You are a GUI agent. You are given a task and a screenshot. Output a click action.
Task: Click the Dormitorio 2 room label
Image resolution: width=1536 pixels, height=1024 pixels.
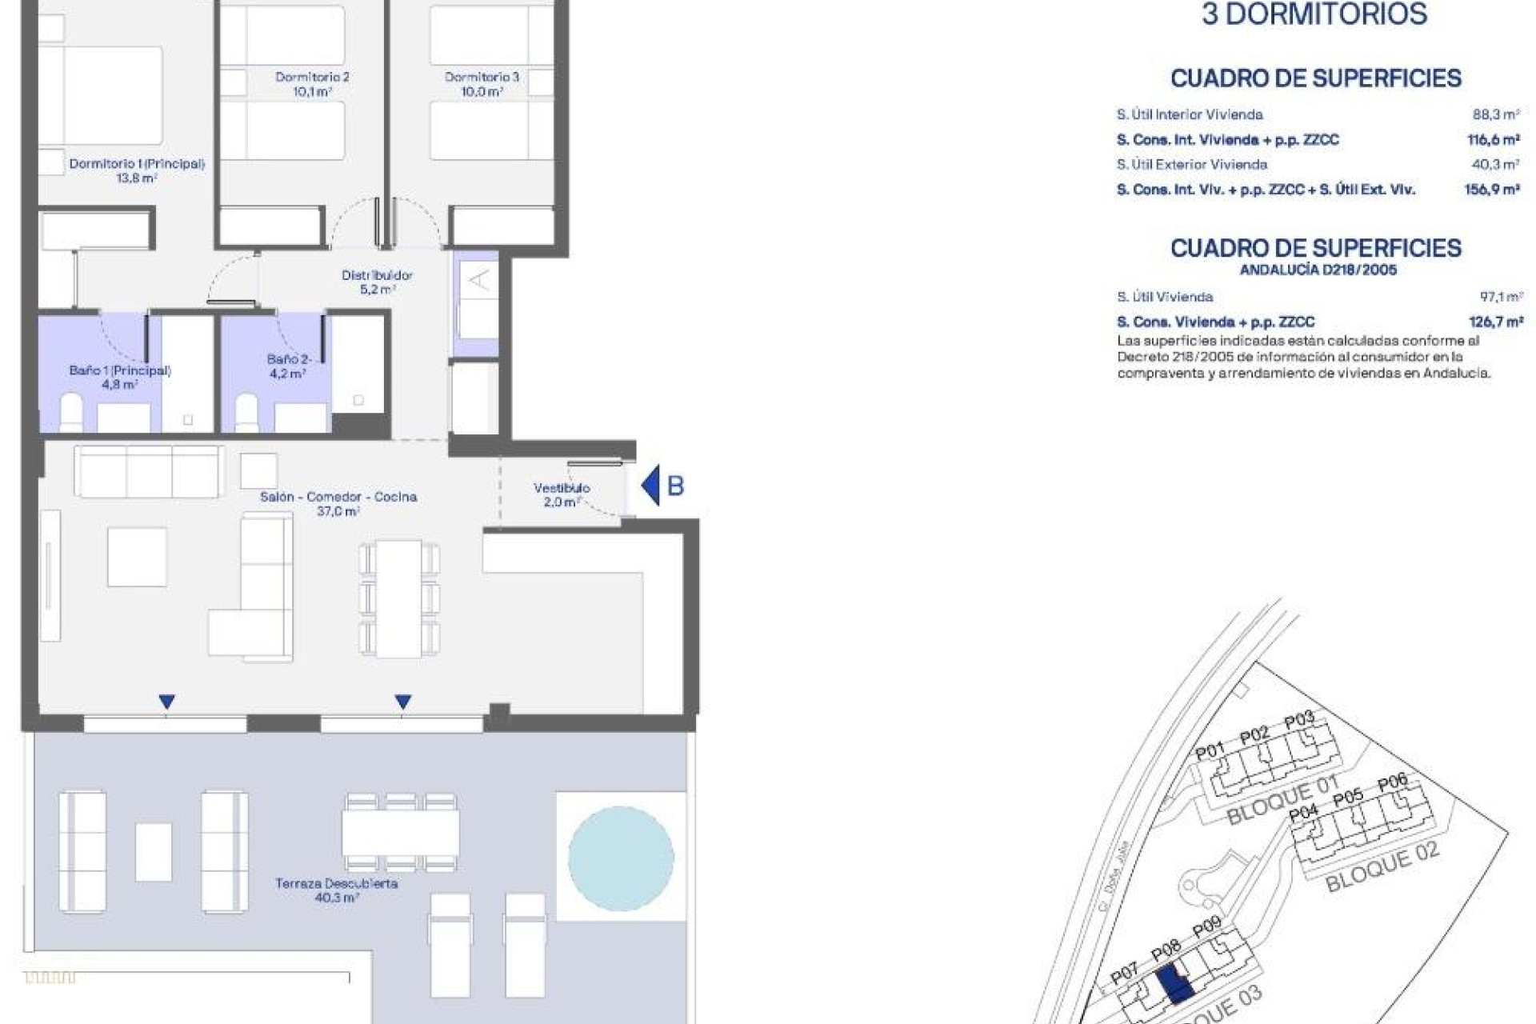click(x=312, y=84)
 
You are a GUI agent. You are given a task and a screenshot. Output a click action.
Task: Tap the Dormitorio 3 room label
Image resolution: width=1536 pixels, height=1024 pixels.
click(x=482, y=84)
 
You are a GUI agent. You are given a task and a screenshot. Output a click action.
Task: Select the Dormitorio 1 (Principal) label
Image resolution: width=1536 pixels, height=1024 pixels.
click(x=137, y=170)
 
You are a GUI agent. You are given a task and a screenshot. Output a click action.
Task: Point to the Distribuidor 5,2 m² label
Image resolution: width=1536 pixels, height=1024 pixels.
click(x=377, y=282)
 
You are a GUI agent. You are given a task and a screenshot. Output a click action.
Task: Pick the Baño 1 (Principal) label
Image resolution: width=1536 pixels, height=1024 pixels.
click(x=120, y=377)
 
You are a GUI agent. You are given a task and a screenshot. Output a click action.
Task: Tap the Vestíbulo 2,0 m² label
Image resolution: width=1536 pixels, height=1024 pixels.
click(x=562, y=494)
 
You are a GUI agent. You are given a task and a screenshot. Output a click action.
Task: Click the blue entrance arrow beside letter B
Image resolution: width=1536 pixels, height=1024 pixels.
click(x=651, y=485)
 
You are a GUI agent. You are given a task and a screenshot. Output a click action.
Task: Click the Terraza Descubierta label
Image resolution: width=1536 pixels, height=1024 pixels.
click(x=337, y=890)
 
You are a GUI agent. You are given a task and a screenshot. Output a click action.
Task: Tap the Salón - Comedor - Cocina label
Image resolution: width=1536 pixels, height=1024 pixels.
click(x=338, y=503)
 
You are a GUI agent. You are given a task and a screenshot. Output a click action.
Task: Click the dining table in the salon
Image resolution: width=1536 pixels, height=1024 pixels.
click(x=399, y=598)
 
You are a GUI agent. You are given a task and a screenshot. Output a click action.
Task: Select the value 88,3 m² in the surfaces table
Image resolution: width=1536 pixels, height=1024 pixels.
click(x=1495, y=114)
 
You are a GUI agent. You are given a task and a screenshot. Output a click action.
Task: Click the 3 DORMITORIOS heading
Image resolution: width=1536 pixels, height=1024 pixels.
click(x=1314, y=14)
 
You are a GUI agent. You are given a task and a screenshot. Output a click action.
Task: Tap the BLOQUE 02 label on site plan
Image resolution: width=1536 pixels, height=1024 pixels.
click(x=1382, y=867)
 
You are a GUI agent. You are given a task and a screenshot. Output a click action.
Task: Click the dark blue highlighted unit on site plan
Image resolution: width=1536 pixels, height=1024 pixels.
click(x=1174, y=985)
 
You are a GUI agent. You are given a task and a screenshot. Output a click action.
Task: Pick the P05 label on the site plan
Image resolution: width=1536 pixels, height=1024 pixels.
click(x=1348, y=797)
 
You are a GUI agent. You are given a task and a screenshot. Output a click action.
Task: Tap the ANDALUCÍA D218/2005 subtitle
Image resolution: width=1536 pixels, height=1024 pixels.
click(x=1318, y=270)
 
